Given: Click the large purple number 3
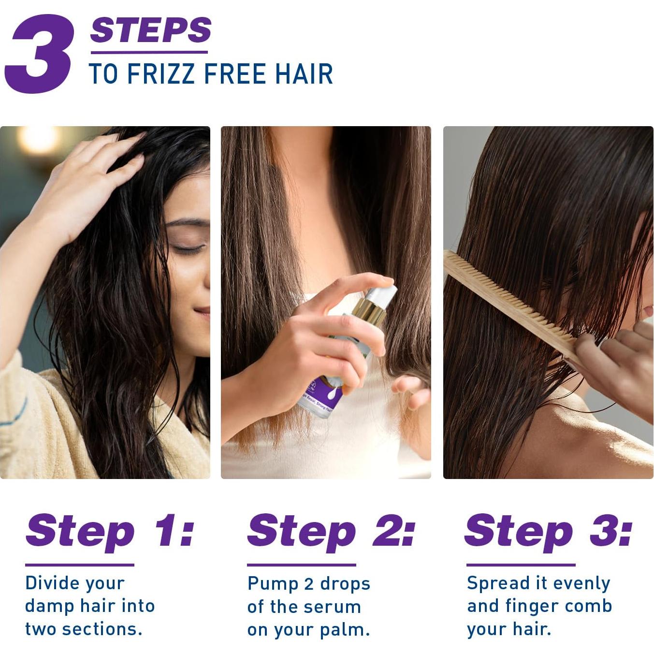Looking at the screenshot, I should pyautogui.click(x=40, y=54).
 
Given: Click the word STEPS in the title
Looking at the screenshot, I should pyautogui.click(x=150, y=30).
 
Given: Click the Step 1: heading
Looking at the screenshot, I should pyautogui.click(x=110, y=531).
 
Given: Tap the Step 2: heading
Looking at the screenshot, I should pyautogui.click(x=331, y=531).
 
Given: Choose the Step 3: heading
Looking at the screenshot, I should pyautogui.click(x=548, y=531).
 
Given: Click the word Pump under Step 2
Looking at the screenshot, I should pyautogui.click(x=272, y=584).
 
